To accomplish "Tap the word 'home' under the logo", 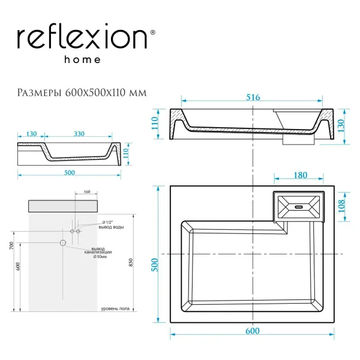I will pyautogui.click(x=82, y=60).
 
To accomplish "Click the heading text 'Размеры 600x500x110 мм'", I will pyautogui.click(x=82, y=92).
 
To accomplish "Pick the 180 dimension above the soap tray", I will pyautogui.click(x=300, y=175).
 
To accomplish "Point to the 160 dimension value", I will pyautogui.click(x=86, y=193).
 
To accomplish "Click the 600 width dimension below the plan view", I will pyautogui.click(x=252, y=331).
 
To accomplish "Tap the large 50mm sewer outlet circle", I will pyautogui.click(x=62, y=243).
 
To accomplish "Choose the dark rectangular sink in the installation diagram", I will pyautogui.click(x=62, y=206).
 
